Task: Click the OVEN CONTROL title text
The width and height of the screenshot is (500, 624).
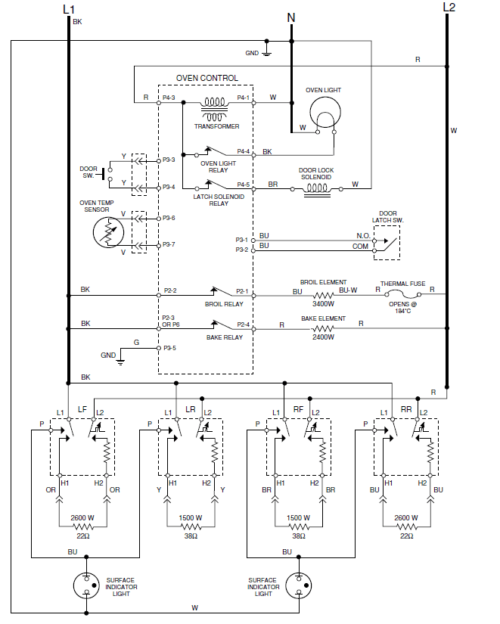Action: tap(207, 78)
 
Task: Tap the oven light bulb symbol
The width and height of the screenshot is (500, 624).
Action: tap(324, 116)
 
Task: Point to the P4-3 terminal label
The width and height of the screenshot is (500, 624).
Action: tap(169, 98)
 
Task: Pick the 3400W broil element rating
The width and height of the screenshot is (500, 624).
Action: tap(323, 303)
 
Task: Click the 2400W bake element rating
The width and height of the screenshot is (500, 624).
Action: tap(323, 337)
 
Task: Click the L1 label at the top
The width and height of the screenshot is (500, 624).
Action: tap(69, 8)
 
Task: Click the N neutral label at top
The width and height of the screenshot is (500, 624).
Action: tap(291, 17)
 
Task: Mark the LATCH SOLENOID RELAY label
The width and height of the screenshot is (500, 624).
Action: tap(219, 200)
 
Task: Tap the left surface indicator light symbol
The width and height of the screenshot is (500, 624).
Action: tap(87, 584)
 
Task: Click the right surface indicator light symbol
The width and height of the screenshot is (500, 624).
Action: tap(298, 584)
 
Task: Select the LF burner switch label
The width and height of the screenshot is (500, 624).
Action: tap(82, 409)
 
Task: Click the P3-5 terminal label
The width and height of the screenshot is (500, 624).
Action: tap(169, 349)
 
